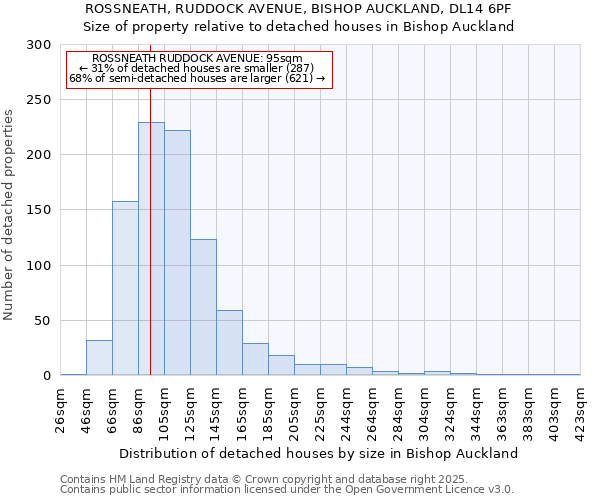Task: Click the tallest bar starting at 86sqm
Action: pos(151,250)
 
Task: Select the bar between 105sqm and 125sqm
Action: pos(177,255)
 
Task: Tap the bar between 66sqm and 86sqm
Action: pos(125,290)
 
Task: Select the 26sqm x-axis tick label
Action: pos(60,410)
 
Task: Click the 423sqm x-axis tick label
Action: pos(580,410)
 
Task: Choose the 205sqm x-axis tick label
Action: pos(294,410)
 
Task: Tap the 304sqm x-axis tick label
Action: pos(424,410)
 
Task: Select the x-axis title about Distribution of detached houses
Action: pos(319,453)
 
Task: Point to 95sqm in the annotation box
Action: pos(284,58)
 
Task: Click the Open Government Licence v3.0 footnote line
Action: pos(286,490)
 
